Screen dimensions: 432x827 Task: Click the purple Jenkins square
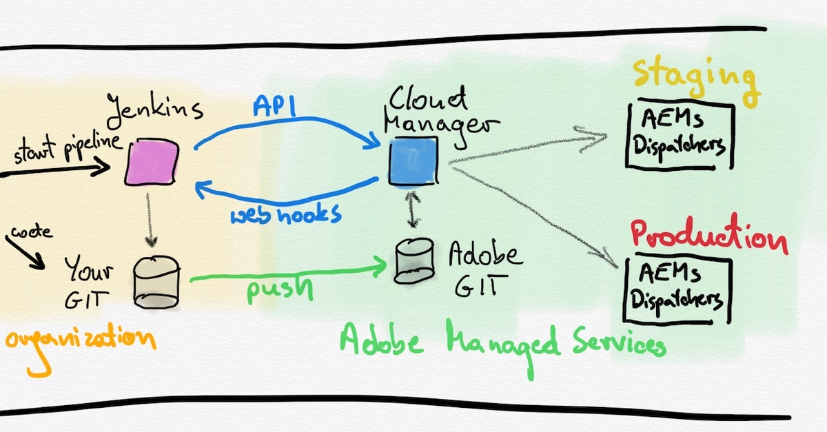click(152, 161)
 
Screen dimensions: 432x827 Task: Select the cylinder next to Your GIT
click(157, 282)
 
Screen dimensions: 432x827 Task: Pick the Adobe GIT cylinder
click(415, 262)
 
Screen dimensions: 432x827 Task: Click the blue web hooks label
click(286, 213)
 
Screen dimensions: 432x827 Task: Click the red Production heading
click(708, 236)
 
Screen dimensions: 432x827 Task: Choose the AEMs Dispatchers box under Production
click(677, 289)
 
